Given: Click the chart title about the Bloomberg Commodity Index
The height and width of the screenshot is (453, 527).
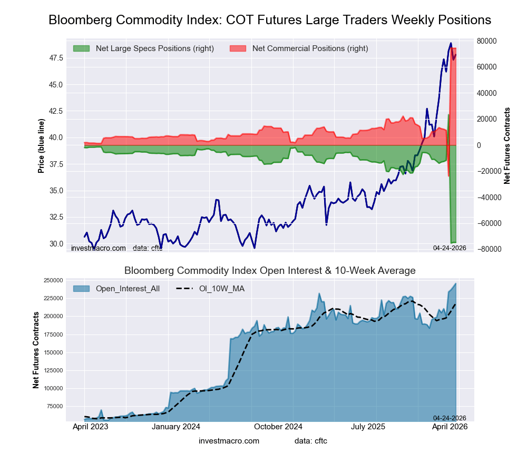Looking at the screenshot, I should click(270, 20).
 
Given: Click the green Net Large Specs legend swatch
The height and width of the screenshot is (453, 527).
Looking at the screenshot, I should click(81, 48).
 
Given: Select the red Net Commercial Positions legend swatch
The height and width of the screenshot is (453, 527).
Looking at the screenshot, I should click(238, 48).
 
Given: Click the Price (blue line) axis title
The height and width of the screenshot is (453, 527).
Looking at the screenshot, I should click(41, 146).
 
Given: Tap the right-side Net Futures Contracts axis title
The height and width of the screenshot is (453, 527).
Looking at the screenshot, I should click(507, 145).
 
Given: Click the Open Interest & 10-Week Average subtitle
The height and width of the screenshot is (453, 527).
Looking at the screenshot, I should click(270, 271).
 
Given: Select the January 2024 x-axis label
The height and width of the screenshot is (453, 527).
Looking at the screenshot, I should click(176, 427).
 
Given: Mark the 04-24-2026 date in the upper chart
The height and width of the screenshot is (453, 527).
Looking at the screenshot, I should click(450, 248).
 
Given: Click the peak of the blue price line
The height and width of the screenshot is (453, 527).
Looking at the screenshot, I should click(451, 43).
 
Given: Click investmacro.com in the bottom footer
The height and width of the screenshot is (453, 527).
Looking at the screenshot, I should click(229, 440).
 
